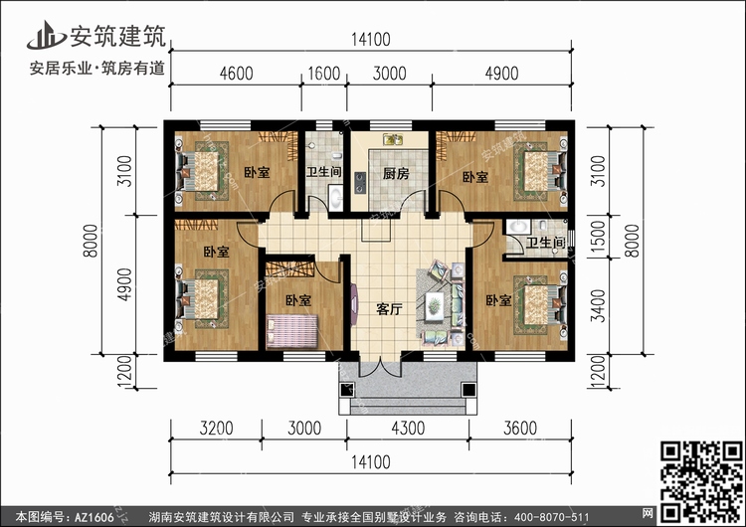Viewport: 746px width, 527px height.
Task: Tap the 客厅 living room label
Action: (389, 309)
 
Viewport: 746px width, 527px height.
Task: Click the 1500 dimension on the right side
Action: (595, 239)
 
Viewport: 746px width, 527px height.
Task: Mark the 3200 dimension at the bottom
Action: (215, 430)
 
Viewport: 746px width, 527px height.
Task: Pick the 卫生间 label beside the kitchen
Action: (323, 172)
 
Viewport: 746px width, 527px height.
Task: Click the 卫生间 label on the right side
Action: (545, 244)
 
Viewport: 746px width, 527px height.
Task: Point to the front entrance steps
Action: (407, 402)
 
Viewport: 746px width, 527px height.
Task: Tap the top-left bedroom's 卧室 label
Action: (256, 173)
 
